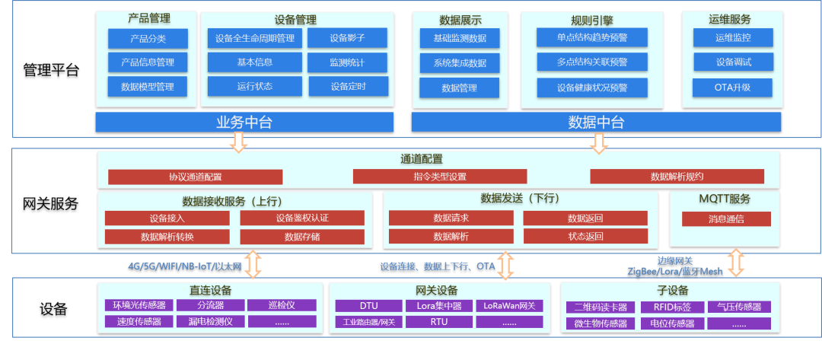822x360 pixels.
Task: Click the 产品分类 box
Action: (x=148, y=38)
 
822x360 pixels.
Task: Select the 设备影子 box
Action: (x=348, y=38)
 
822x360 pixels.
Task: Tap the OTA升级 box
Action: (x=732, y=87)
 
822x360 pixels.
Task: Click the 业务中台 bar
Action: (x=244, y=123)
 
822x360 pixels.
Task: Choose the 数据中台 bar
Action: (x=596, y=123)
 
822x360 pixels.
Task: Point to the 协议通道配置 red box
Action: (x=195, y=177)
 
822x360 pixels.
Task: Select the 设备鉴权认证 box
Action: (x=301, y=218)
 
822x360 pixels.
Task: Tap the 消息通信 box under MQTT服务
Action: (x=725, y=218)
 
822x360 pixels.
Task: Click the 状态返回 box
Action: (x=585, y=236)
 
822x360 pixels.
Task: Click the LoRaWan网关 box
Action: (x=509, y=306)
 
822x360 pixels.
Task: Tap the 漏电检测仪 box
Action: (x=210, y=321)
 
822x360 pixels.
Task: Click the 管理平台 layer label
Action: (x=51, y=71)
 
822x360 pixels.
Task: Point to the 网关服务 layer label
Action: (x=51, y=203)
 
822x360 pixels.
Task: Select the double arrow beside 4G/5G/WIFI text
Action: (x=253, y=264)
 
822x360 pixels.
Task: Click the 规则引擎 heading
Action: (x=591, y=20)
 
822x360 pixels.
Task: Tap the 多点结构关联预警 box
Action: (x=592, y=61)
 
